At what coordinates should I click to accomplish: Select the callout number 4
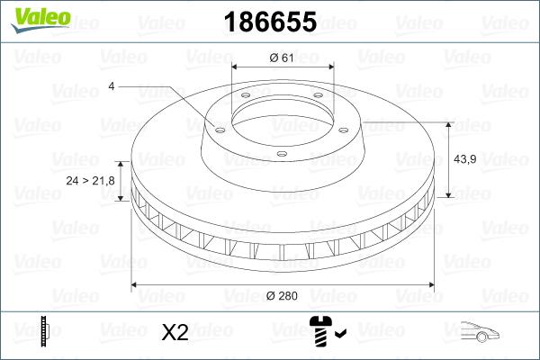[111, 85]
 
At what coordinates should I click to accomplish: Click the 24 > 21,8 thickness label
[90, 181]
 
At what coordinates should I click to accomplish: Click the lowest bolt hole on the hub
[282, 154]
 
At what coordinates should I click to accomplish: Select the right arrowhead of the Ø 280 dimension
[431, 285]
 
